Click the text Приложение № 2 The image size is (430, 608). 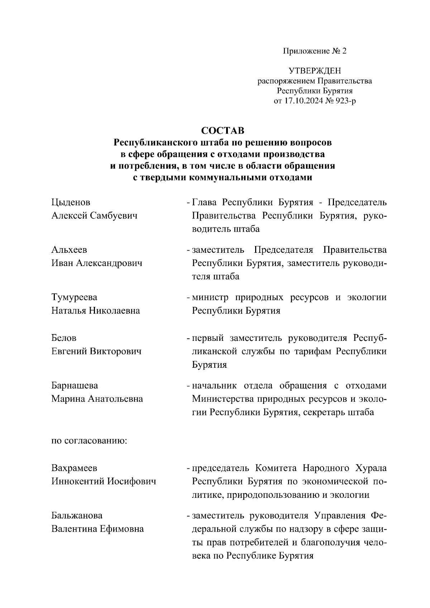(315, 51)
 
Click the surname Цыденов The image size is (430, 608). (71, 203)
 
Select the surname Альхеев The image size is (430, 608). (69, 250)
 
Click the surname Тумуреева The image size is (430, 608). (74, 298)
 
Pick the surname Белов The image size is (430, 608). (64, 338)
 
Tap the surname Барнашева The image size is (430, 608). (75, 386)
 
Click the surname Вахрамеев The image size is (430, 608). (74, 468)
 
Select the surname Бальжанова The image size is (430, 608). (77, 516)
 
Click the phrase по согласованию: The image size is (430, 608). (89, 440)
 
